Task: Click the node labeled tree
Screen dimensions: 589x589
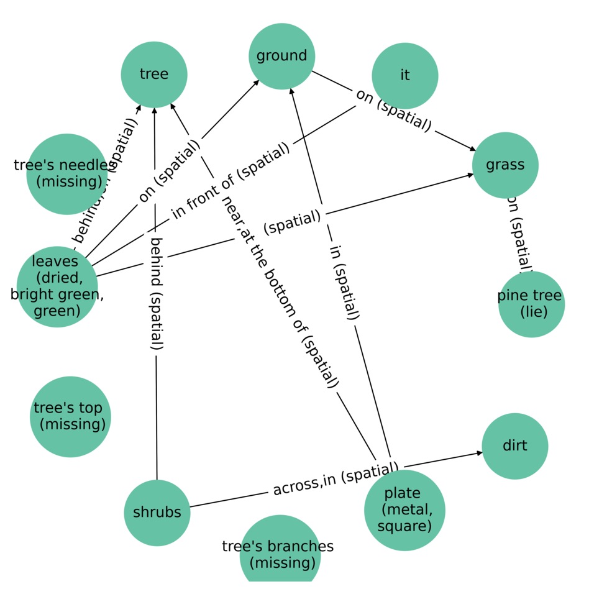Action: [x=154, y=75]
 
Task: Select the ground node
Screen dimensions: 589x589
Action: [x=281, y=56]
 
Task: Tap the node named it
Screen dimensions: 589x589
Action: [x=405, y=75]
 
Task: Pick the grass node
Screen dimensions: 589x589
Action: [x=505, y=165]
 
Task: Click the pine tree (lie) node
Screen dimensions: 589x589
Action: [x=531, y=304]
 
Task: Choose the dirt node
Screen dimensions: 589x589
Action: [x=514, y=445]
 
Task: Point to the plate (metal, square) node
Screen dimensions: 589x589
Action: [x=404, y=510]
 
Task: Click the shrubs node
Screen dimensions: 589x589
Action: [x=157, y=513]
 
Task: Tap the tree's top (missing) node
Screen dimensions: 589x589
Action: [x=70, y=416]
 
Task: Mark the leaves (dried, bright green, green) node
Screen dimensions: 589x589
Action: [x=57, y=286]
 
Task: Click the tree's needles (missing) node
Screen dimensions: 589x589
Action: [x=66, y=173]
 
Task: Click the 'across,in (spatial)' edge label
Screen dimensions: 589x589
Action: [x=336, y=480]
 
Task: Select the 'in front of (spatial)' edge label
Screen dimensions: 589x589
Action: [x=231, y=181]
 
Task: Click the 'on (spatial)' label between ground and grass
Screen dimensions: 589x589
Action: [x=393, y=110]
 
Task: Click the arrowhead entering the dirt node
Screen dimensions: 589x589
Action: [x=479, y=453]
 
